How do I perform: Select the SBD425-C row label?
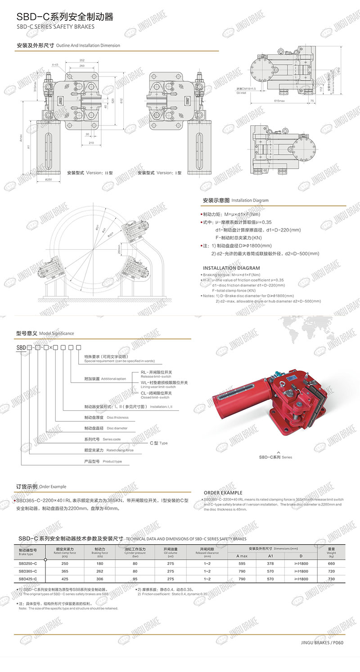coord(28,579)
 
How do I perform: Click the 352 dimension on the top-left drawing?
coord(81,60)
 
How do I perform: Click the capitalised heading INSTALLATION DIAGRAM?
coord(231,268)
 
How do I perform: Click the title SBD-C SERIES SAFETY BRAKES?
coord(56,27)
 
